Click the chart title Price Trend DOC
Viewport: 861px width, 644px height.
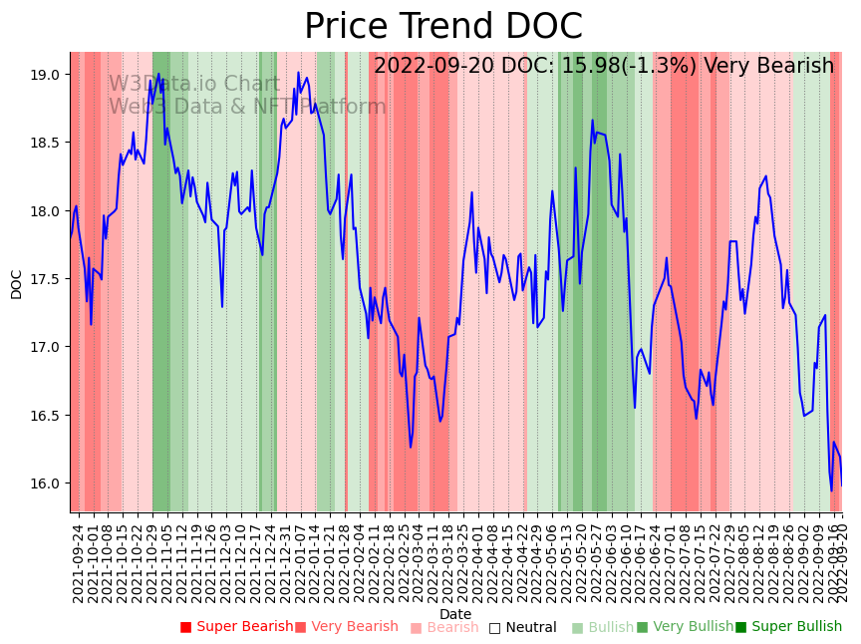tap(442, 27)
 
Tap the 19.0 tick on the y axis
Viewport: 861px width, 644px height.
tap(46, 75)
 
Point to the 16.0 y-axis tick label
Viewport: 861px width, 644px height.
tap(46, 483)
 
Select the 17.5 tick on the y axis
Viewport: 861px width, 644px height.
tap(46, 279)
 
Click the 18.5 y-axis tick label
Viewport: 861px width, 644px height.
tap(46, 144)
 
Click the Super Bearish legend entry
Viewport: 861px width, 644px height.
tap(236, 627)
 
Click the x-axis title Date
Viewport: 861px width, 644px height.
tap(455, 614)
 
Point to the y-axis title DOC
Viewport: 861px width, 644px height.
tap(17, 284)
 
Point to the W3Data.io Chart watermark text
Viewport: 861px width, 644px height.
tap(194, 84)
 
